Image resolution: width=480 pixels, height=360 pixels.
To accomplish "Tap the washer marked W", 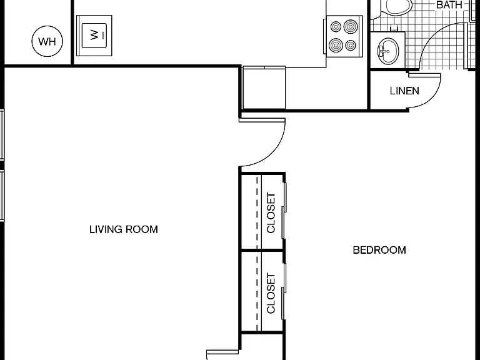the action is click(x=94, y=36).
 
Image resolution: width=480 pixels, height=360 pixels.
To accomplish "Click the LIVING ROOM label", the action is click(x=124, y=229).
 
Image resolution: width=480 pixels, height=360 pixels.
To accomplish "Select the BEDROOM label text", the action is click(x=379, y=250).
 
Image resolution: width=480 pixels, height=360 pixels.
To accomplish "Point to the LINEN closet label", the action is click(x=404, y=91).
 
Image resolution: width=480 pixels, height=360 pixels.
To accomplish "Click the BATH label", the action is click(x=449, y=4).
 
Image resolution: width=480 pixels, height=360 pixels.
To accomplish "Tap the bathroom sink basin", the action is click(x=388, y=51).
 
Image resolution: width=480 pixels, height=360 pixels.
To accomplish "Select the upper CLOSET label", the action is click(x=271, y=212).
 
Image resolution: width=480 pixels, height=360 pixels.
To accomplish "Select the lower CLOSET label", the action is click(x=271, y=293).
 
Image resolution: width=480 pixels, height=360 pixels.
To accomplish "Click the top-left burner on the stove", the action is click(x=336, y=27).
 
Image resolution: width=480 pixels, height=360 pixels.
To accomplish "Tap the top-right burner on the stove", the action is click(x=351, y=27).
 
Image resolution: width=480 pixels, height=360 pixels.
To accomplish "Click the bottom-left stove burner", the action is click(x=336, y=45).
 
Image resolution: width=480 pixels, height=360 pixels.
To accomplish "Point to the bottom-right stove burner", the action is click(x=351, y=45).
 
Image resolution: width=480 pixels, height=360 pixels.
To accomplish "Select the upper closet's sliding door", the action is click(x=284, y=211).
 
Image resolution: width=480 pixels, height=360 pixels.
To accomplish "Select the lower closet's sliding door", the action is click(x=284, y=291).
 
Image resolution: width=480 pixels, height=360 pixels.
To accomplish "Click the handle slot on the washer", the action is click(x=102, y=35).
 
